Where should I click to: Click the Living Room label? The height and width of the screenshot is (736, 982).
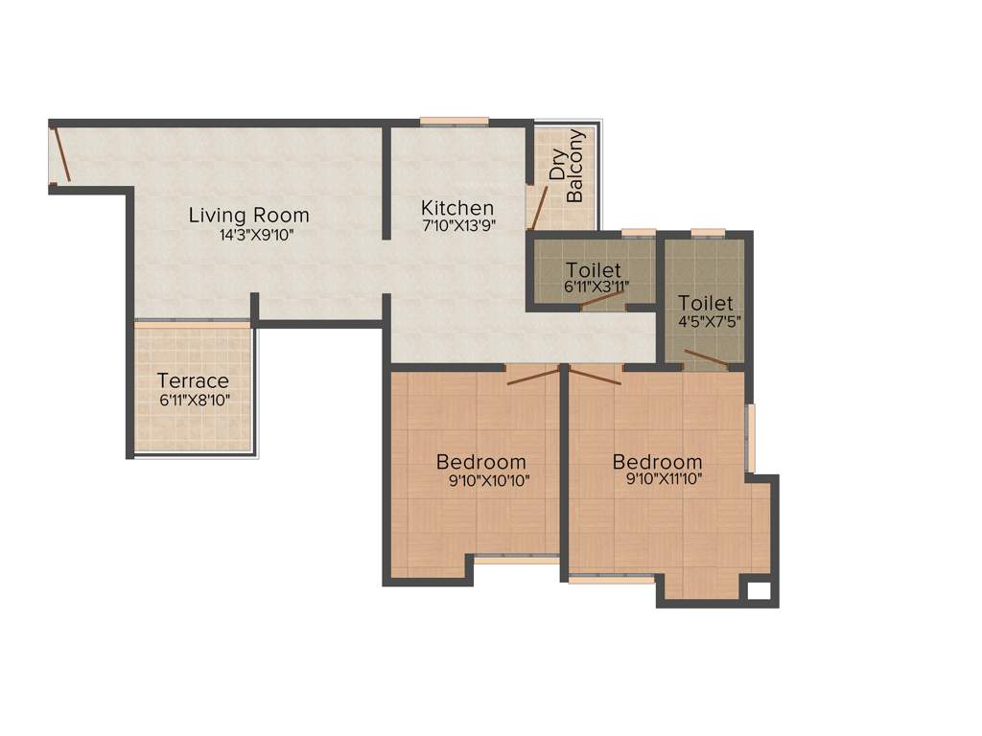point(248,214)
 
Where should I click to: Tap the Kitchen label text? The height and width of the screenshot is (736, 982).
point(457,208)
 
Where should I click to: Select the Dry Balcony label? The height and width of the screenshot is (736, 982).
point(566,167)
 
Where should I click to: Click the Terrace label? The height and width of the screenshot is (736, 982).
point(193,380)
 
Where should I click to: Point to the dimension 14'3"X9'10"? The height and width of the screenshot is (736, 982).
point(248,235)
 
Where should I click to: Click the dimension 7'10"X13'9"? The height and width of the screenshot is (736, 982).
point(457,227)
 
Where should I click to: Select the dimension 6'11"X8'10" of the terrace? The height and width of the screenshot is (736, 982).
point(193,400)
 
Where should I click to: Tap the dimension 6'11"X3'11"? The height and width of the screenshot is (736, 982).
point(593,286)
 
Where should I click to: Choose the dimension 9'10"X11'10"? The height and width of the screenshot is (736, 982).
point(657,479)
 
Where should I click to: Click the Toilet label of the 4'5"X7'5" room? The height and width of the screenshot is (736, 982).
point(705,303)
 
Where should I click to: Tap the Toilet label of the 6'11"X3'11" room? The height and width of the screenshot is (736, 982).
point(593,269)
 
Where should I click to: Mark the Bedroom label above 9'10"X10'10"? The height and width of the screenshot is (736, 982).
point(481,462)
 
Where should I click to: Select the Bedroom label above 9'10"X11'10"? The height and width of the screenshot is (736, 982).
point(658,461)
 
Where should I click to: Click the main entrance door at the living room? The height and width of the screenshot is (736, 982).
point(60,155)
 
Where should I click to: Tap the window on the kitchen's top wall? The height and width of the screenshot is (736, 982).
point(454,122)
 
